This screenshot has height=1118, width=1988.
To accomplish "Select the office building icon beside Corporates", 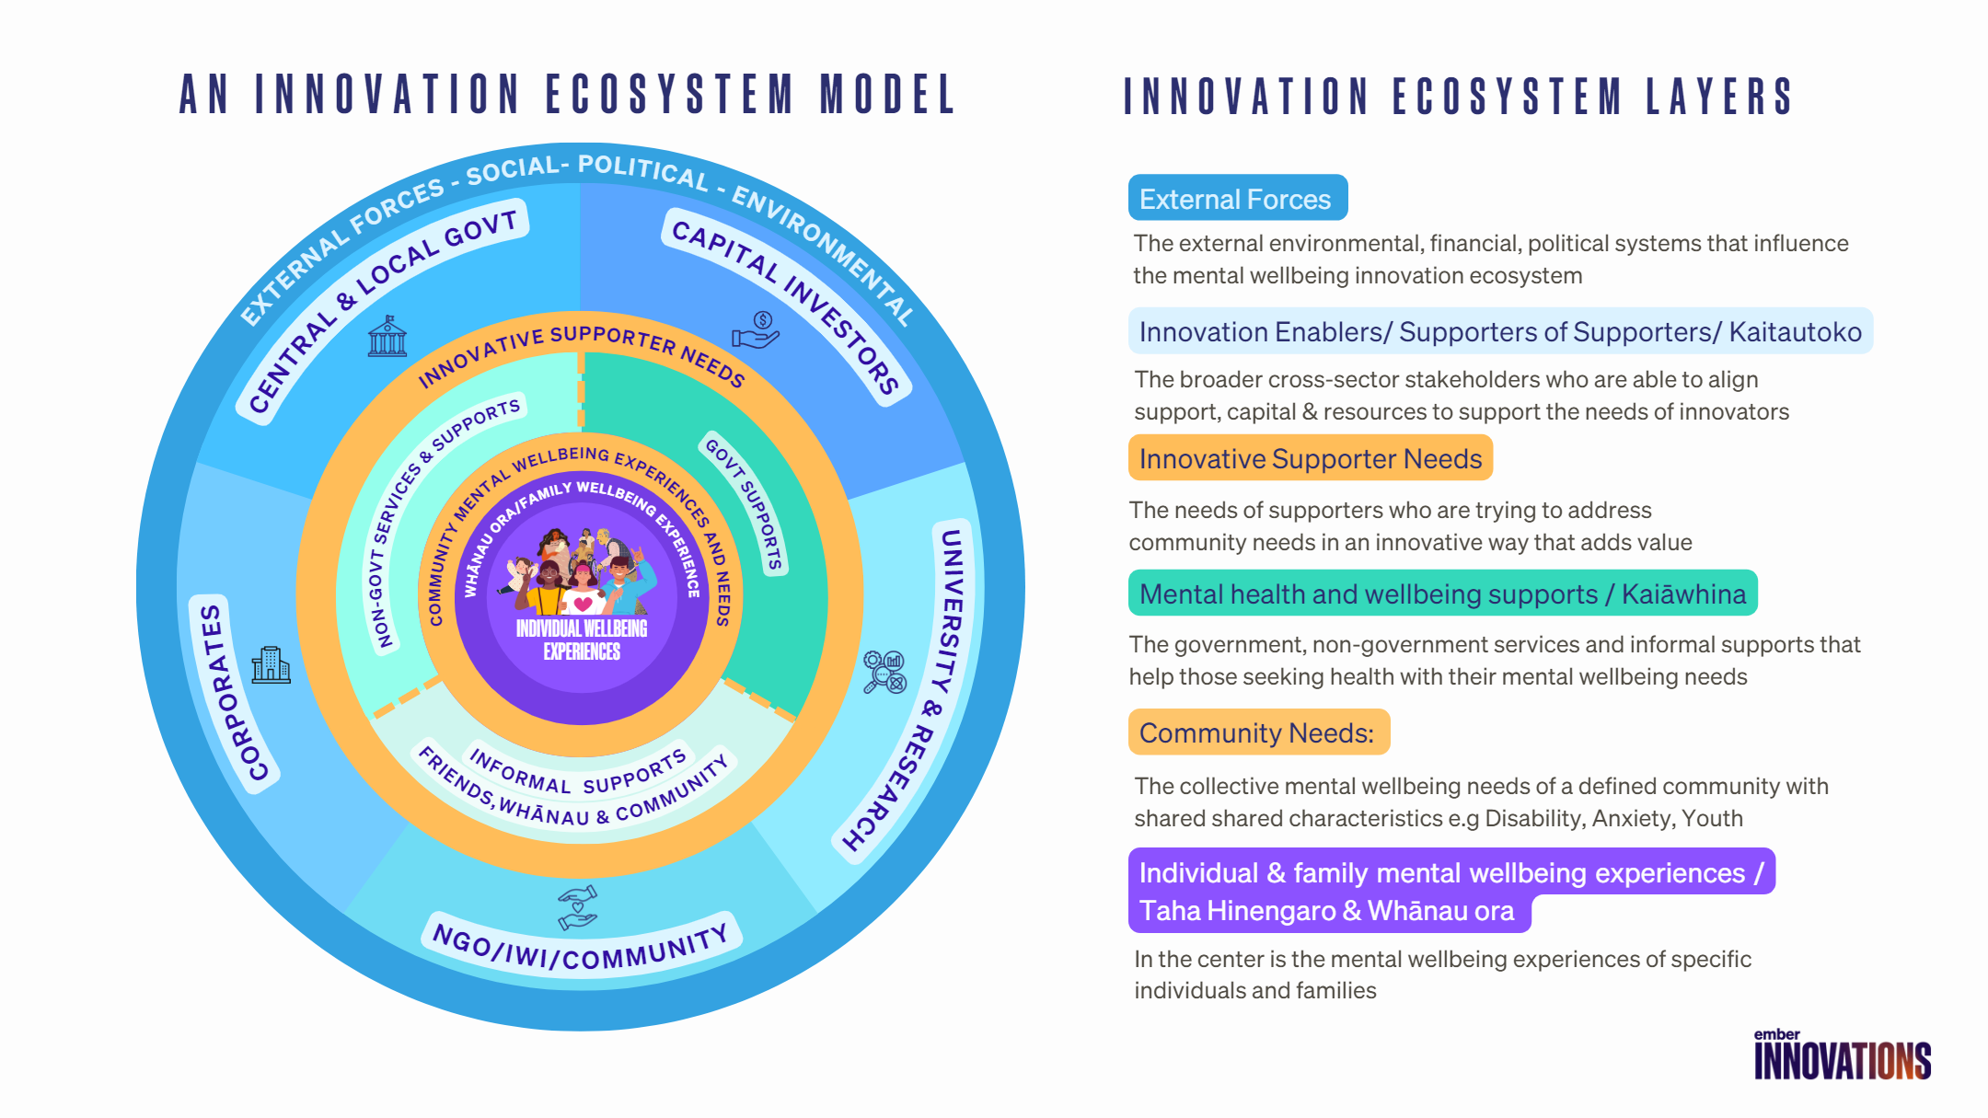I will tap(271, 664).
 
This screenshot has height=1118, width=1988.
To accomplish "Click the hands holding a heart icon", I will tap(578, 907).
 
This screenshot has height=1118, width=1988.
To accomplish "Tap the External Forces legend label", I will tap(1237, 199).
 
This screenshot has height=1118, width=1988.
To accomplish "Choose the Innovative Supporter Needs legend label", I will tap(1310, 458).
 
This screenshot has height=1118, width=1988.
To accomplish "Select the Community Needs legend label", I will tap(1258, 732).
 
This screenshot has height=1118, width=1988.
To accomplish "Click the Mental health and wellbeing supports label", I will tap(1441, 594).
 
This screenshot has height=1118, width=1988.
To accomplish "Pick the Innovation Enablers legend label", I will tap(1499, 331).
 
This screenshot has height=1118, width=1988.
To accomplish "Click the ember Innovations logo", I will tap(1842, 1055).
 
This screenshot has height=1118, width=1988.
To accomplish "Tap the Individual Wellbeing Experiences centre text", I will tap(582, 640).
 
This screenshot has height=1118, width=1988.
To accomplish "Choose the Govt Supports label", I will tap(745, 502).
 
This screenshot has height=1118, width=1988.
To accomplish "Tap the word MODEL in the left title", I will tap(888, 95).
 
